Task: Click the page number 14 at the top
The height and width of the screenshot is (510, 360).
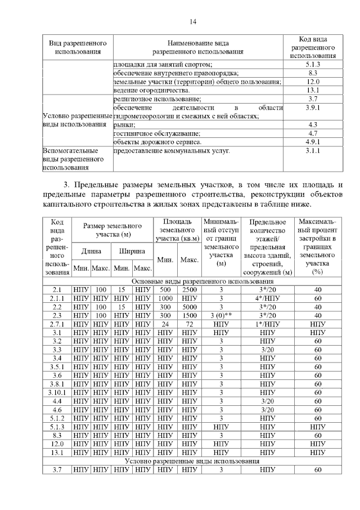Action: [x=192, y=22]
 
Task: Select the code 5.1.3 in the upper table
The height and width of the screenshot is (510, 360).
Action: [x=313, y=65]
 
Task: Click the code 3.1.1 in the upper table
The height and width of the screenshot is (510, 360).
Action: [x=313, y=151]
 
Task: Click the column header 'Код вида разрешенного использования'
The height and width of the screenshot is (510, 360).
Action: [x=313, y=47]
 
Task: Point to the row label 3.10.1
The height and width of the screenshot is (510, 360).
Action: [x=57, y=392]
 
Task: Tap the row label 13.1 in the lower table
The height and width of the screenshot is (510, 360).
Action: [x=57, y=452]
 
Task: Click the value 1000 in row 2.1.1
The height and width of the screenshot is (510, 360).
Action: [x=165, y=298]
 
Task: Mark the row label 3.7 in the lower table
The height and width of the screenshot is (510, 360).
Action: [x=57, y=469]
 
